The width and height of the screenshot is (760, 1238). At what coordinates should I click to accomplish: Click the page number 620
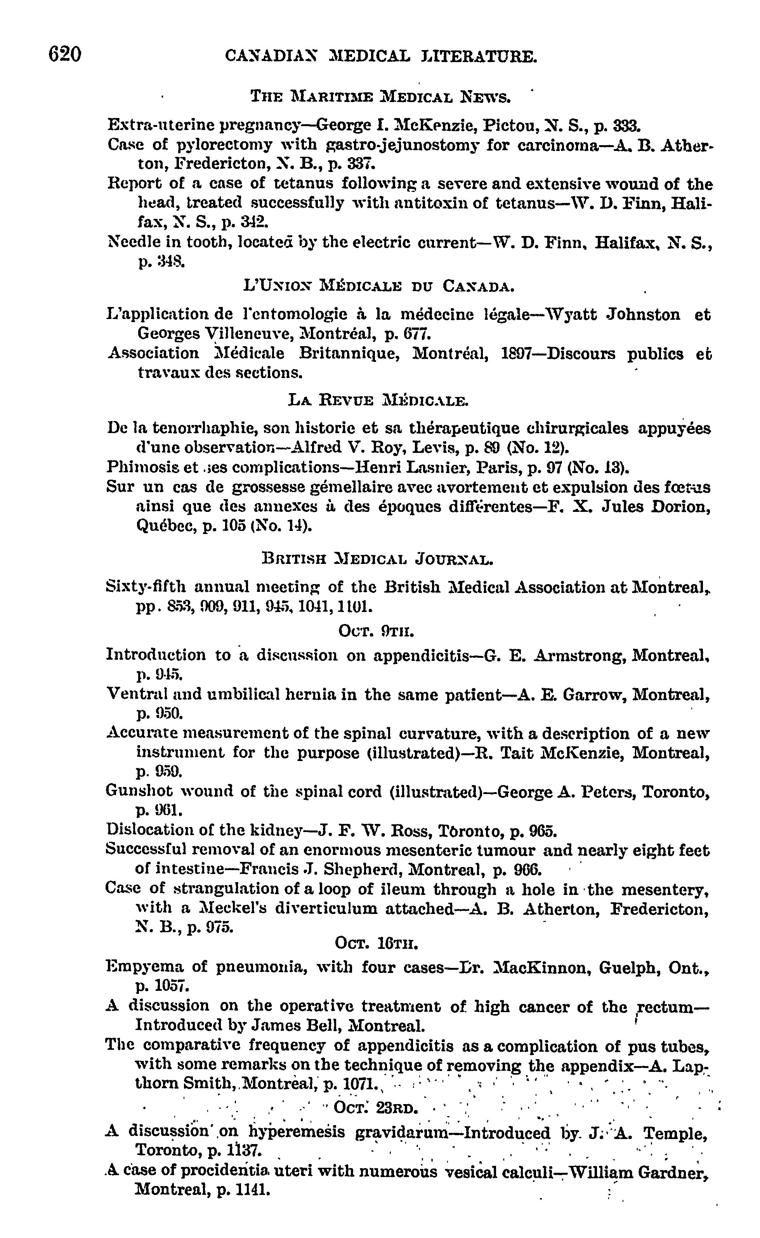pyautogui.click(x=65, y=54)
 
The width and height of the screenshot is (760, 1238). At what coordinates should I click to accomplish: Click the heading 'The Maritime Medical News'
pyautogui.click(x=380, y=97)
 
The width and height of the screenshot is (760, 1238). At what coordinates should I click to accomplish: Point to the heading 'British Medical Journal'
pyautogui.click(x=378, y=559)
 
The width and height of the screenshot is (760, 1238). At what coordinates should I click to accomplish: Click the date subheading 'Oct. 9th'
pyautogui.click(x=377, y=631)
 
